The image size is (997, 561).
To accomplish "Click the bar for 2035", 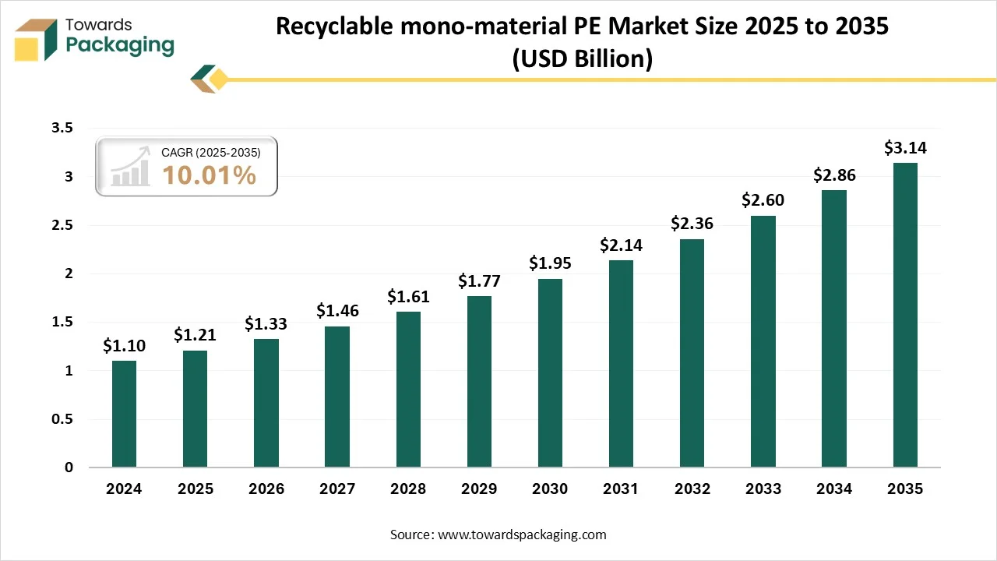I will pos(905,315).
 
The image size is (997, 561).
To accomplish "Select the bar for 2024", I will pos(124,414).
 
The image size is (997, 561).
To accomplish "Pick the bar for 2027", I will pos(337,397).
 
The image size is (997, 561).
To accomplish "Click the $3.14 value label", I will pos(905,148).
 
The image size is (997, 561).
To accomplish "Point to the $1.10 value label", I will pos(124,346).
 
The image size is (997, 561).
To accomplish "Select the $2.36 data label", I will pos(692,224).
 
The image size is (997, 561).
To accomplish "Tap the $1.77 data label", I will pos(479,280).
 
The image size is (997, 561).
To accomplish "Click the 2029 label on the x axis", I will pos(479,489).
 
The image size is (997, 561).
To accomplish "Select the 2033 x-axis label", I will pos(763,489).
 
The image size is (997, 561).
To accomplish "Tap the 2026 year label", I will pos(266,489).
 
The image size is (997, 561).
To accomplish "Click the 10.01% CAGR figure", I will pos(209,175).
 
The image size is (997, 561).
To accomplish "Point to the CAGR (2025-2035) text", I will pos(210,153).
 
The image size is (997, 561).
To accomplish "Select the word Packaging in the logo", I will pos(120,45).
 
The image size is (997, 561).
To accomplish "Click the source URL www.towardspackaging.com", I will pos(521,535).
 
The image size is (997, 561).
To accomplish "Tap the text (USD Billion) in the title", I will pos(582,58).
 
